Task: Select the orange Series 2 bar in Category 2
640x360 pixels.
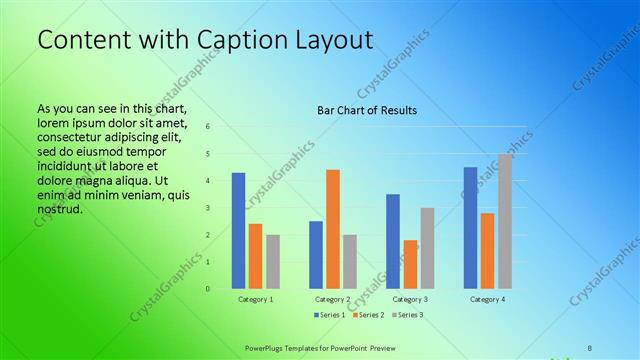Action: tap(333, 229)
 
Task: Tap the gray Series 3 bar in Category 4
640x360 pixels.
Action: tap(505, 221)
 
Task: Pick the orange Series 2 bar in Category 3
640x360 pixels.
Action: tap(410, 264)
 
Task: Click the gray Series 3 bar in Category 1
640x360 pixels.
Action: tap(273, 262)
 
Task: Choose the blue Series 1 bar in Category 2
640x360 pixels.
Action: tap(316, 255)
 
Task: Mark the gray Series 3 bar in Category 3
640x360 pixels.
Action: tap(427, 248)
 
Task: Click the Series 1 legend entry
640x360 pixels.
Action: tap(330, 315)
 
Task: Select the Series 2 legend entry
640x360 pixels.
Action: tap(368, 315)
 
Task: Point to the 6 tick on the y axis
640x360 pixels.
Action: tap(208, 127)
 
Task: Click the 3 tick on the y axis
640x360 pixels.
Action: tap(208, 208)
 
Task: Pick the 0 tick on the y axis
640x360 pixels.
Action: tap(208, 289)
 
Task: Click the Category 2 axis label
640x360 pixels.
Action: tap(333, 299)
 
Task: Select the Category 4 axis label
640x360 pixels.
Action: tap(487, 299)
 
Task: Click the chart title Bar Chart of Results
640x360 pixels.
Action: tap(367, 110)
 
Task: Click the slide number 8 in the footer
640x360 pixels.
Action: tap(589, 347)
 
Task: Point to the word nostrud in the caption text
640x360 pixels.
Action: tap(58, 210)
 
